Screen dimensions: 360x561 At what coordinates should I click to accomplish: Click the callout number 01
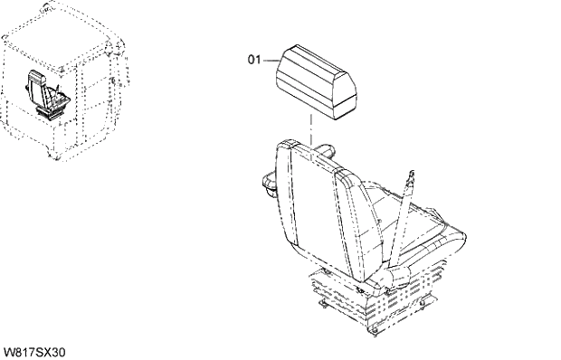pos(254,61)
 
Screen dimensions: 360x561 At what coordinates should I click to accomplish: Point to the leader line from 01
pos(270,61)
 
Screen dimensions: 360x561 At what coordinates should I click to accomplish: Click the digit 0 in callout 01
pos(252,61)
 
